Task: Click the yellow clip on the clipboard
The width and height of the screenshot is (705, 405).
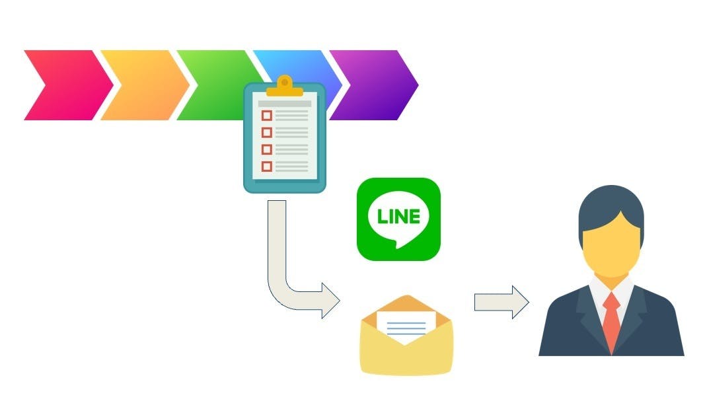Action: tap(285, 85)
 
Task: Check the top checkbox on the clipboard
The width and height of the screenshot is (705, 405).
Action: tap(267, 116)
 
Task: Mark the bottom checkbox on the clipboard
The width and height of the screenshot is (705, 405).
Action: tap(267, 166)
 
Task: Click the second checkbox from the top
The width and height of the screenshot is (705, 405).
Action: tap(267, 132)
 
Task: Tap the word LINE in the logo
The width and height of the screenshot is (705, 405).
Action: tap(398, 216)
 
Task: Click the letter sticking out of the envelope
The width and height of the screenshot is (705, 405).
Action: tap(406, 324)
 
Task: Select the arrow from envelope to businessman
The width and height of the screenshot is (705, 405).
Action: tap(501, 303)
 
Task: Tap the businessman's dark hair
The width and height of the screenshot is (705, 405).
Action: tap(611, 202)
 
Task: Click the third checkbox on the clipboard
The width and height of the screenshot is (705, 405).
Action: tap(267, 149)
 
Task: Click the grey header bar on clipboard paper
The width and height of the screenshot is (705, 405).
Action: tap(285, 103)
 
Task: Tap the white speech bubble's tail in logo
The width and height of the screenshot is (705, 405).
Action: tap(398, 244)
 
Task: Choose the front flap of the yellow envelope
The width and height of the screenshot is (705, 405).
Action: tap(407, 357)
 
